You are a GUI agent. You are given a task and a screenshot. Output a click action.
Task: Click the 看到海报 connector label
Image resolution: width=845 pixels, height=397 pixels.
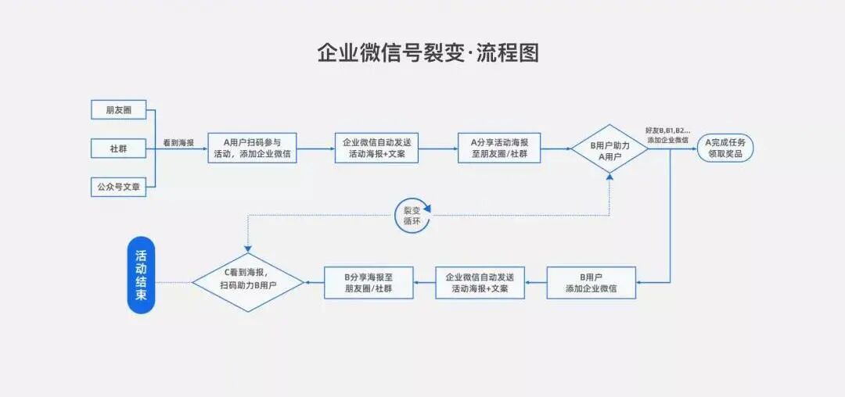tap(178, 143)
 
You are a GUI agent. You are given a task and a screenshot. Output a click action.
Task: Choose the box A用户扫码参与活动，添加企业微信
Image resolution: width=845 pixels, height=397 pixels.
tap(252, 148)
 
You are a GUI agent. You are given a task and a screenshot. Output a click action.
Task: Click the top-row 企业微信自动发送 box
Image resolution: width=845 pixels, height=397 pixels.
tap(376, 148)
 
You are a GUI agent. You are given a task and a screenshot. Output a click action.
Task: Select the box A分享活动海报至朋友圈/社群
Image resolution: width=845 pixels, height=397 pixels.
tap(499, 148)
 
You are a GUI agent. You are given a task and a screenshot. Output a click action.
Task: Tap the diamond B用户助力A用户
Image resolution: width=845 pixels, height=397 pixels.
tap(609, 148)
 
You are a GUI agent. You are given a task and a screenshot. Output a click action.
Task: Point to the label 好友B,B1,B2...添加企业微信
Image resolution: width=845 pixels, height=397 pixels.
tap(667, 134)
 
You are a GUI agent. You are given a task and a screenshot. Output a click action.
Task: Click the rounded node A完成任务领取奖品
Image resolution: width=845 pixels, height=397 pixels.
tap(725, 148)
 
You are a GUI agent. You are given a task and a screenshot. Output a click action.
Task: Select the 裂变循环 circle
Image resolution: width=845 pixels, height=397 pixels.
tap(412, 216)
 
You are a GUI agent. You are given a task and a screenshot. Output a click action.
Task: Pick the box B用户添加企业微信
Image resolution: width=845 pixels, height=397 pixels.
tap(591, 282)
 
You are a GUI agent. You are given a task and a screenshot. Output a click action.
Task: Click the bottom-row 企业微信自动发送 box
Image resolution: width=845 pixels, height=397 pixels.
tap(480, 282)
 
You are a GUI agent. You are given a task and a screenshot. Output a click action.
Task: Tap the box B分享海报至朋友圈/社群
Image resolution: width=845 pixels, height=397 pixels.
tap(369, 282)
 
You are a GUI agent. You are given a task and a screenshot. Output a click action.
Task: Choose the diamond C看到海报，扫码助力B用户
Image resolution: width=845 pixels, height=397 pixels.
tap(248, 282)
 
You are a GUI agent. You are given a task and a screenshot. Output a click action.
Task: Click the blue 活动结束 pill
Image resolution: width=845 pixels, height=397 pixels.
tap(141, 275)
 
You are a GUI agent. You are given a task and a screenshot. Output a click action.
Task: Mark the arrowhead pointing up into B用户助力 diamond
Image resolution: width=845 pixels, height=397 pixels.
tap(609, 178)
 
